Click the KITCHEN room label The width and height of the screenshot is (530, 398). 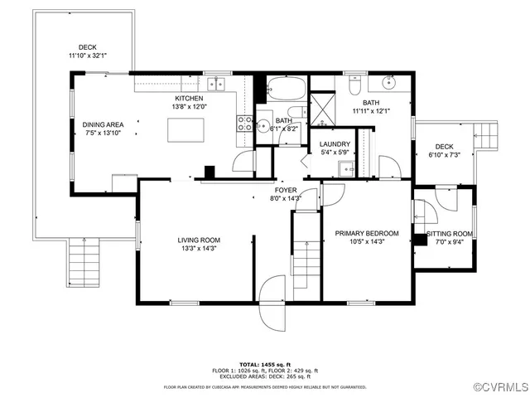[x=188, y=97]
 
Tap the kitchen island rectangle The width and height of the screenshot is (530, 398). [x=185, y=131]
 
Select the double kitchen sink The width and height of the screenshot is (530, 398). [x=218, y=83]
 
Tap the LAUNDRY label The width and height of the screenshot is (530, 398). [x=334, y=143]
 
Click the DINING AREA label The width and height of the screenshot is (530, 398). [x=103, y=124]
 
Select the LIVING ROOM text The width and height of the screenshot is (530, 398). [x=199, y=240]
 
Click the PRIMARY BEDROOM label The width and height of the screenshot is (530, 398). [x=367, y=233]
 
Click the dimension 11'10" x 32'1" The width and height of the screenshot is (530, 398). [x=88, y=56]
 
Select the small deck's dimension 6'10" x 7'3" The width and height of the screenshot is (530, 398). [x=445, y=155]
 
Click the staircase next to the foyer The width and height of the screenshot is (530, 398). [x=305, y=249]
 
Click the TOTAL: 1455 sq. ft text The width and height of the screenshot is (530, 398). [x=264, y=364]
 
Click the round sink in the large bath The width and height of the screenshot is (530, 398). [x=389, y=83]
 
